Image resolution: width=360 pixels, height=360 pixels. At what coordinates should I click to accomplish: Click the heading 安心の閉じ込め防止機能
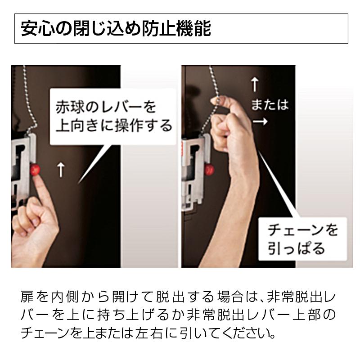(x=116, y=28)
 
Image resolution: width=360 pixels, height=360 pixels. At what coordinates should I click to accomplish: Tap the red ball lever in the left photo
(x=35, y=170)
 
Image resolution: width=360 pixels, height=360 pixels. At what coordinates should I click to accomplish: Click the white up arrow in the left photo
(x=61, y=170)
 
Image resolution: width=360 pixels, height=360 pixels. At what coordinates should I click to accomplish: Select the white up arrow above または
(x=254, y=84)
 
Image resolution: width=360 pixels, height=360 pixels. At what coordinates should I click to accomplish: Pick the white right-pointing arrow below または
(x=260, y=121)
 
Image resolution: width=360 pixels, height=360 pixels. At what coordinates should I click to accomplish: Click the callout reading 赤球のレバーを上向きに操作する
(x=112, y=116)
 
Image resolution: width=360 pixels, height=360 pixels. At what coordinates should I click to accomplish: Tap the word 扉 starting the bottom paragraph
(x=27, y=297)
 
